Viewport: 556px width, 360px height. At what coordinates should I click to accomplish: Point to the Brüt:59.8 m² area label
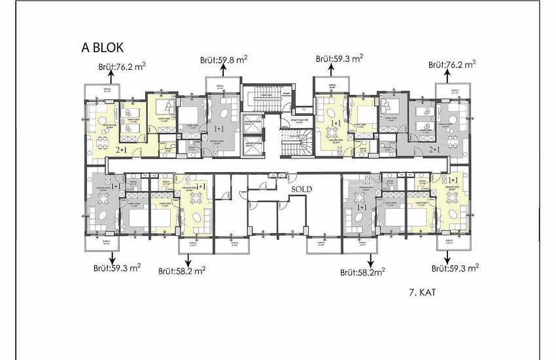tap(224, 60)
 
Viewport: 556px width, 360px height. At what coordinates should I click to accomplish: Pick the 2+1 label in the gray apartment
tap(434, 150)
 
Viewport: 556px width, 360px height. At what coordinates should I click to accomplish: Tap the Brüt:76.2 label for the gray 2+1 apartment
tap(451, 65)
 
